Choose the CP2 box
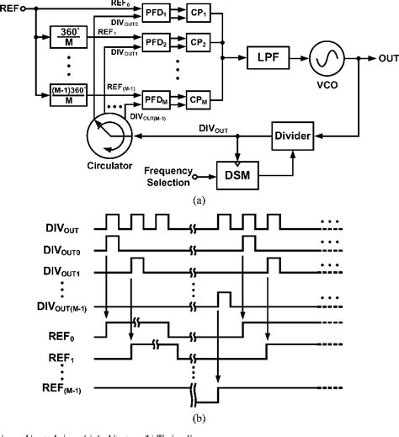click(199, 41)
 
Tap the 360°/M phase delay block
click(66, 38)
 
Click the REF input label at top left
click(12, 8)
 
